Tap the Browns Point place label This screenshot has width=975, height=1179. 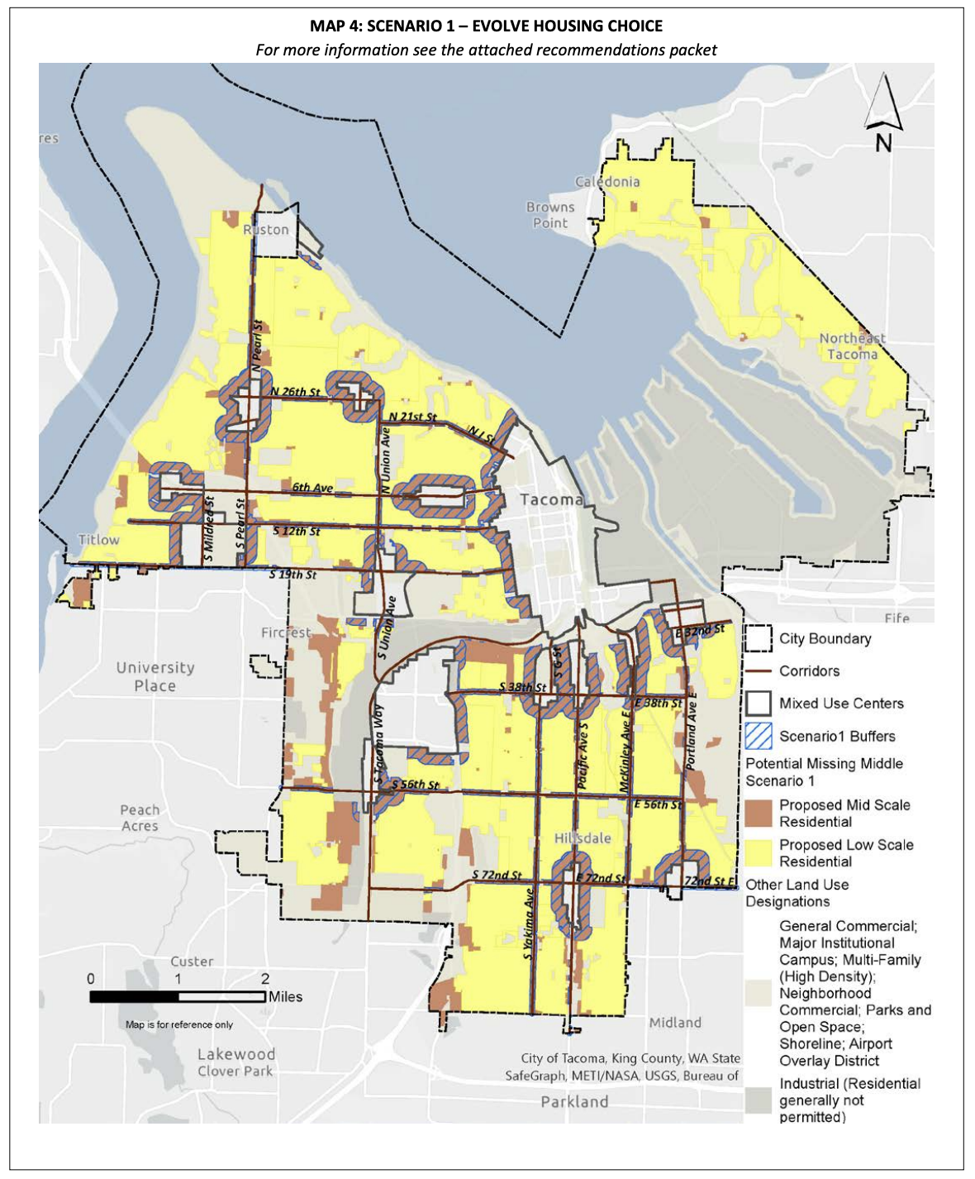550,215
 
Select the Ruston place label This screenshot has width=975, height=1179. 266,230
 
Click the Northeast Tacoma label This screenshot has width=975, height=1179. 852,346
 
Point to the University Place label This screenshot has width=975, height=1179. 155,676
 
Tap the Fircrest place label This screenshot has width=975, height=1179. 286,632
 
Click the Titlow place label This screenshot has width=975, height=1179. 98,540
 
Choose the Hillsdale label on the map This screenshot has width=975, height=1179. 583,838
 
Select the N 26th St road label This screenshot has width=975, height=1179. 295,392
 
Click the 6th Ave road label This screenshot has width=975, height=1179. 312,488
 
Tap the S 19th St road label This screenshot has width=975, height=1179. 292,575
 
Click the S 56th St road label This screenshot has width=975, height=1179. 415,785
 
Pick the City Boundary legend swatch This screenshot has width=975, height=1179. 758,639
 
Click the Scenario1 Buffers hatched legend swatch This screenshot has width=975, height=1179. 758,736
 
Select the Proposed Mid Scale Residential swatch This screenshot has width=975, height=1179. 758,813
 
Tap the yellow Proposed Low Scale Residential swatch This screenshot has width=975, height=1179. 758,852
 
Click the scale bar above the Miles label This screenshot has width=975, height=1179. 178,997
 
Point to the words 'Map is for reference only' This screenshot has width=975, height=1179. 179,1024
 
